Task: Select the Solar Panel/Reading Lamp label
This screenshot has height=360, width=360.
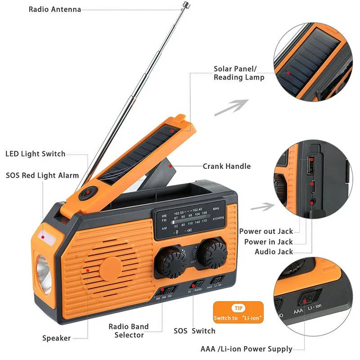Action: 238,73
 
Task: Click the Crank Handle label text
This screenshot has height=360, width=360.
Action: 226,166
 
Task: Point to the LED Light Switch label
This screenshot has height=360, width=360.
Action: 36,154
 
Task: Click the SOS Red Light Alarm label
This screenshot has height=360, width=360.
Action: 42,175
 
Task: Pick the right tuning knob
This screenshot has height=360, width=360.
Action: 211,255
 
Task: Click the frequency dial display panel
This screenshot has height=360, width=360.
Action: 189,219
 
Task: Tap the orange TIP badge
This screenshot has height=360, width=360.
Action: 237,313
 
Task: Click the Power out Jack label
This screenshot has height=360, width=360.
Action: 266,231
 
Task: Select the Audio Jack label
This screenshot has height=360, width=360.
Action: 274,252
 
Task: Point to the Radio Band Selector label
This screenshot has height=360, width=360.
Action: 128,330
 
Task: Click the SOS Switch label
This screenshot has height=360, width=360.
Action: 194,331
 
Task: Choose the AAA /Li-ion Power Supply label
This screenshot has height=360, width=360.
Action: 246,349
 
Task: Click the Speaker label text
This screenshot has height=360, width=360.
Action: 56,338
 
